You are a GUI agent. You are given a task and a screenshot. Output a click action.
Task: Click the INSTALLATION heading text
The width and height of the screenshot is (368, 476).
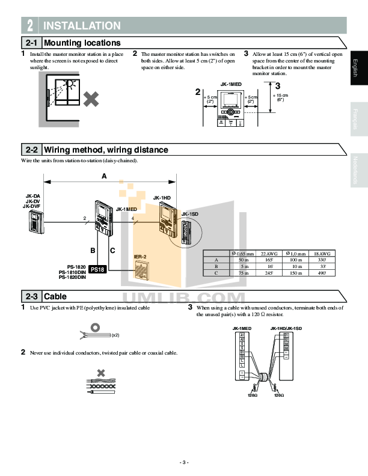[x=82, y=26]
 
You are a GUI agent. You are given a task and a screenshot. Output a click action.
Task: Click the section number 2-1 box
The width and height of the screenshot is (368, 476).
[x=31, y=43]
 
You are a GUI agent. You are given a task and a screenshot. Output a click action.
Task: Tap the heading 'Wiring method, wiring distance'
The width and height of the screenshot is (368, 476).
[x=106, y=150]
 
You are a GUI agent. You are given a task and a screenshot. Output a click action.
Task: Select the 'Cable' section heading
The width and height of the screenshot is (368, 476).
[x=55, y=296]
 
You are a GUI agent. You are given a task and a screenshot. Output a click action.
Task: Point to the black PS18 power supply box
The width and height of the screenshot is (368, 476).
[x=97, y=270]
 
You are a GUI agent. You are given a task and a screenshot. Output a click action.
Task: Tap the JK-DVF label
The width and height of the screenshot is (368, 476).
[x=31, y=206]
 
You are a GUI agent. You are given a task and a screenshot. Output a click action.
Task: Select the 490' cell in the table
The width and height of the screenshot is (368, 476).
[x=322, y=273]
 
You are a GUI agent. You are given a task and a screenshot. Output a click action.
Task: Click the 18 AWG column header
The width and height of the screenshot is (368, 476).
[x=322, y=253]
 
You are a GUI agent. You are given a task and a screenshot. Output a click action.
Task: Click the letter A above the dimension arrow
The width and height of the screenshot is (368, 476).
[x=104, y=177]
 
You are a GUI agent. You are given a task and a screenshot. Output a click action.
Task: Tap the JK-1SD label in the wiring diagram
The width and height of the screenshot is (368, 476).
[x=189, y=214]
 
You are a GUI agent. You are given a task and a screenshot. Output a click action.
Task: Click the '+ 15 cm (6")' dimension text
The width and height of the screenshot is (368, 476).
[x=280, y=97]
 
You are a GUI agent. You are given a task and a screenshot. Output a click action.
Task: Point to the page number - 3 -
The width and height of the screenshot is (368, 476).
[x=184, y=462]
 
